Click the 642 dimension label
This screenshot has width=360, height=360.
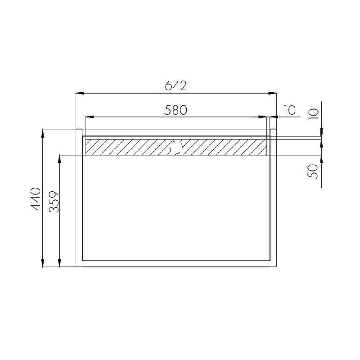point(176,85)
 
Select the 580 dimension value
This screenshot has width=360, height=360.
point(175,110)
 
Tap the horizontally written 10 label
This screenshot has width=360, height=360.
point(289,110)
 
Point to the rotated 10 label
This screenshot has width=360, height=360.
point(314,113)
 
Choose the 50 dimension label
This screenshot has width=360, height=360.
point(313,171)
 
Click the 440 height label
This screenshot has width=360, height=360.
point(36,199)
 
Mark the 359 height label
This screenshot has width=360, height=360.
point(54,202)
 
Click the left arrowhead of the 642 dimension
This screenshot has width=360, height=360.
point(80,93)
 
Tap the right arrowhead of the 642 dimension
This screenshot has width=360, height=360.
point(273,93)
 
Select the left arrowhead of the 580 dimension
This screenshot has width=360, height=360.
point(89,117)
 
